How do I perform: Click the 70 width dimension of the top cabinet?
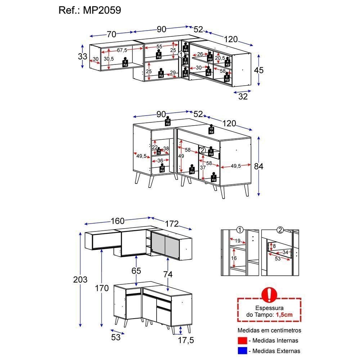coord(111,34)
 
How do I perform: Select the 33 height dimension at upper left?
coord(82,57)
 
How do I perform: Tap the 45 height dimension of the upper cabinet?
coord(258,70)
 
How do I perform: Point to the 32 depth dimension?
coord(243,96)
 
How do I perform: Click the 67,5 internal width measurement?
coord(122,50)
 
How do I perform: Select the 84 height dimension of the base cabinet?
coord(258,166)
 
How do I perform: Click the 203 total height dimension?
coord(80,280)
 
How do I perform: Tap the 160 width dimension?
coord(118,221)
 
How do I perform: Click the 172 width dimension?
coord(172,224)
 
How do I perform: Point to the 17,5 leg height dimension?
coord(186,340)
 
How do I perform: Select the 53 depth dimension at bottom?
coord(116,337)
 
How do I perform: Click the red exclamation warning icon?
coord(269,294)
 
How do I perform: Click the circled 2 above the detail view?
coord(280,230)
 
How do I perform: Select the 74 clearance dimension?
coord(168,274)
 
